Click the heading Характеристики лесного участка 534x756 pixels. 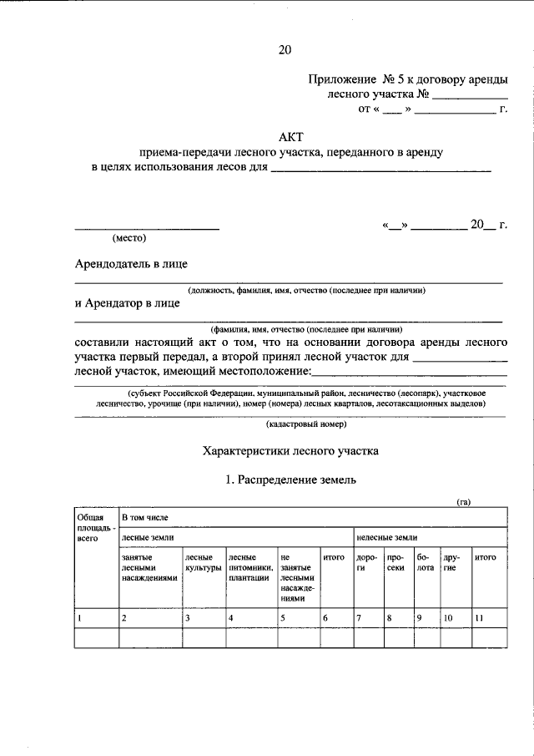click(x=290, y=451)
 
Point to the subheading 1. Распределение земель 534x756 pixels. click(x=290, y=480)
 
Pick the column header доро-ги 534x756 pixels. click(x=366, y=561)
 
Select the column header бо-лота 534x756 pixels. click(x=425, y=561)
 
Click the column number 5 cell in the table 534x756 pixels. click(x=284, y=618)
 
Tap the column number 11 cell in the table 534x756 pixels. click(x=479, y=618)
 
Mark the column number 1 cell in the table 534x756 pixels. click(x=79, y=618)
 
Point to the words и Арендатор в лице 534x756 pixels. click(x=127, y=303)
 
